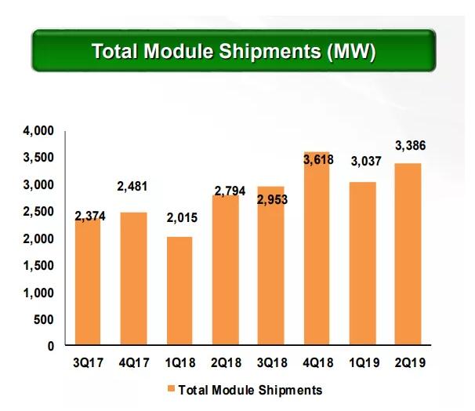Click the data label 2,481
coord(132,187)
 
